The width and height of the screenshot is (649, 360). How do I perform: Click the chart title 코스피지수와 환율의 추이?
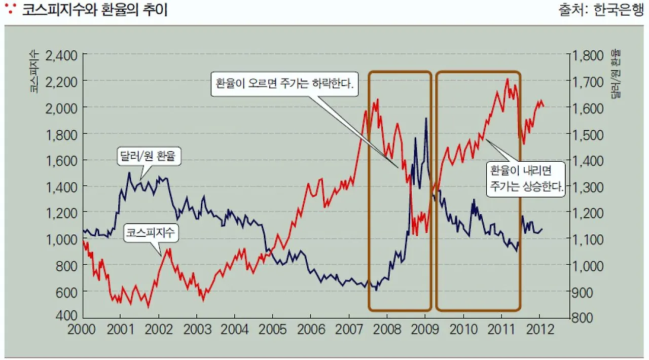click(94, 11)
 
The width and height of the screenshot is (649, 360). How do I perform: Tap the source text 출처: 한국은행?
click(600, 11)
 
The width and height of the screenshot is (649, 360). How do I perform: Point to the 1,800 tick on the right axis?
click(587, 55)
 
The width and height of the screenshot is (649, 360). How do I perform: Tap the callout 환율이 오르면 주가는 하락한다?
click(284, 83)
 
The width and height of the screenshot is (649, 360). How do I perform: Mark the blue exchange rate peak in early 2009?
click(426, 118)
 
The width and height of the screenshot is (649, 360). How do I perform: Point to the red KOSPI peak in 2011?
click(508, 79)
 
